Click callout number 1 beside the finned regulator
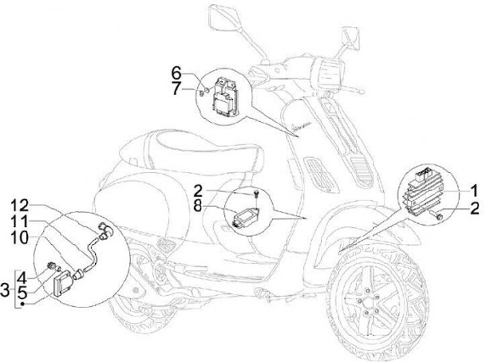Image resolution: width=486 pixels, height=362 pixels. tap(475, 189)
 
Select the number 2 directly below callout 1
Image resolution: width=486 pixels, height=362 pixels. tap(475, 208)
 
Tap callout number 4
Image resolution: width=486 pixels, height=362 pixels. tap(22, 276)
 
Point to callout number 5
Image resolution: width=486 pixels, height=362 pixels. tap(22, 291)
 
